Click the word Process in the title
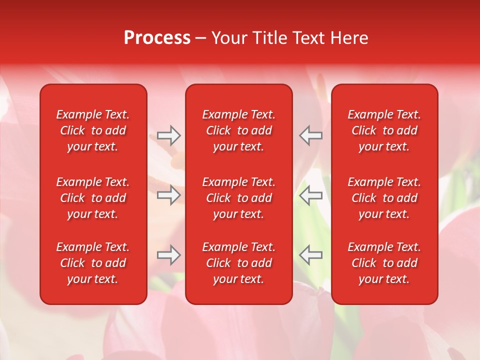point(157,38)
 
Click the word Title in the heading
point(270,38)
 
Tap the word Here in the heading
point(349,38)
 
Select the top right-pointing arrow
point(169,135)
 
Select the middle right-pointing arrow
point(169,195)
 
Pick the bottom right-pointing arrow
point(169,255)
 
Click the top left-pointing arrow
point(310,135)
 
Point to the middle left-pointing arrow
point(310,195)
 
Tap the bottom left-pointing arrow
point(310,255)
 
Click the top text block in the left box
point(93,130)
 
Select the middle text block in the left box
point(93,198)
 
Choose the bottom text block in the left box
point(93,263)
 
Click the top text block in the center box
point(238,130)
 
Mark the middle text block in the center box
point(238,198)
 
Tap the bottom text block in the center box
point(238,263)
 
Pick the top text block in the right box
point(384,130)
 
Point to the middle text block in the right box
point(384,198)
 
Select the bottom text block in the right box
point(384,263)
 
